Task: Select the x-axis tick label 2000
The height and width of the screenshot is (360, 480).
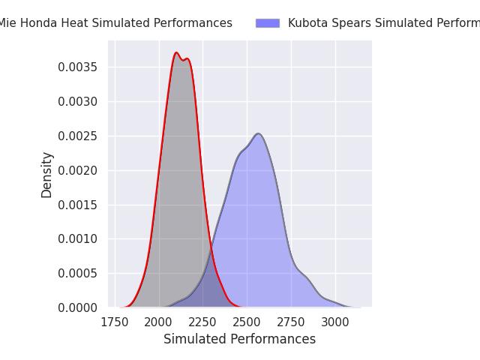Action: [x=159, y=322]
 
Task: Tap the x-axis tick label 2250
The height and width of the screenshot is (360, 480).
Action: [x=202, y=322]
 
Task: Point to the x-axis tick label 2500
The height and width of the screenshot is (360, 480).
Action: [x=247, y=322]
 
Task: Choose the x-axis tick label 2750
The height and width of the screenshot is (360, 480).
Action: [x=291, y=322]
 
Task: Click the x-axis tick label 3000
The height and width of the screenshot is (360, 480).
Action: [x=335, y=322]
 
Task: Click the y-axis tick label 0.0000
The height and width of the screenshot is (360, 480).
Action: [x=78, y=307]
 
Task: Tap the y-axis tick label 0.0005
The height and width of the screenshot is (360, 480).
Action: [x=78, y=273]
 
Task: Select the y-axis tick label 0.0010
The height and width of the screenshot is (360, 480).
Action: [x=78, y=239]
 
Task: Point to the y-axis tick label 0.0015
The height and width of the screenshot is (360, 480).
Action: [x=78, y=205]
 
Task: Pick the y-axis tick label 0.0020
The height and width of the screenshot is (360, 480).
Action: [x=78, y=170]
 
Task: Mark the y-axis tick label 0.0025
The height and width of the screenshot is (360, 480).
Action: [x=78, y=136]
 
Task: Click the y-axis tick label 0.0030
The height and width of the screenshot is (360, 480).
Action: [x=78, y=101]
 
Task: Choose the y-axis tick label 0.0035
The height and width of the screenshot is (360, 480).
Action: [x=78, y=67]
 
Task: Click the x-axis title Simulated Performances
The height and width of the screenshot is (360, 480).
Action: [x=239, y=339]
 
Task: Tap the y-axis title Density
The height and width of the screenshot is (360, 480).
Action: [x=47, y=174]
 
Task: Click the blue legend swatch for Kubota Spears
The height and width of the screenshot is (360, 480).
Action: [x=268, y=23]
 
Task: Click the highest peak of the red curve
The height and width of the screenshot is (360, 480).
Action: [x=176, y=52]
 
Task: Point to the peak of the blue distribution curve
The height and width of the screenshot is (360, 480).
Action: [x=258, y=133]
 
